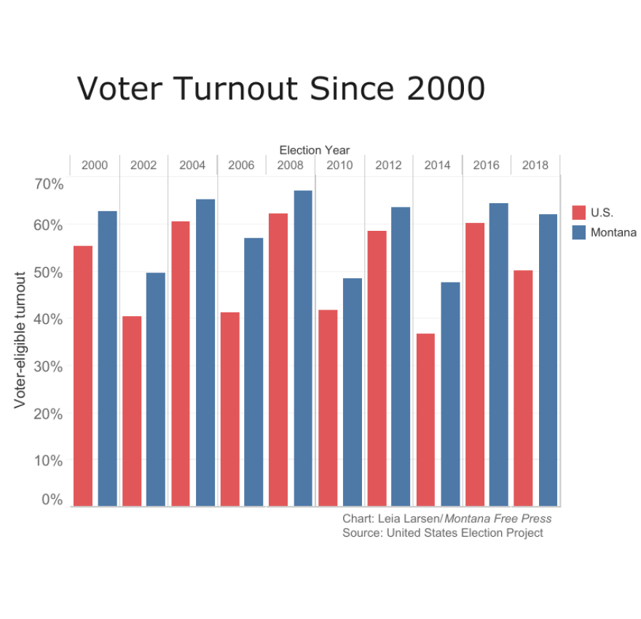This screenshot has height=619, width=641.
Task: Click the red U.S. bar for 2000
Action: [x=83, y=376]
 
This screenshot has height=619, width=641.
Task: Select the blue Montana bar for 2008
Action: [x=303, y=348]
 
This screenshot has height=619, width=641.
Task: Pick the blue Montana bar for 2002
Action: [x=156, y=389]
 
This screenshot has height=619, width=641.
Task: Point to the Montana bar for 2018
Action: [x=548, y=360]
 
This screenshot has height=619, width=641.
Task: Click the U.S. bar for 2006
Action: [x=230, y=409]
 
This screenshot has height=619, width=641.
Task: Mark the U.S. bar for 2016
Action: [x=475, y=364]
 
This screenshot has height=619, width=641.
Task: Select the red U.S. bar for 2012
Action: [x=377, y=368]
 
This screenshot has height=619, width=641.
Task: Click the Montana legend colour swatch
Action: [x=579, y=232]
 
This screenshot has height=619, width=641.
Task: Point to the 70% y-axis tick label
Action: [x=49, y=184]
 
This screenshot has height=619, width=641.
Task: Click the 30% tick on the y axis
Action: [x=49, y=366]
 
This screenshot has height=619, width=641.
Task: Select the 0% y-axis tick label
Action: [x=52, y=500]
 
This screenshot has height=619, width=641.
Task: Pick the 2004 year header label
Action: [x=192, y=165]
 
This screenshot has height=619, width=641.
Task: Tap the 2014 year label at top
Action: [x=437, y=165]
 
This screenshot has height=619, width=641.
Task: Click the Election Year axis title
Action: [x=315, y=150]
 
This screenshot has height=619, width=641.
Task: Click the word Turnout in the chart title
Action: [x=236, y=89]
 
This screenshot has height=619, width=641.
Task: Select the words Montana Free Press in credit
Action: [x=498, y=519]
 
